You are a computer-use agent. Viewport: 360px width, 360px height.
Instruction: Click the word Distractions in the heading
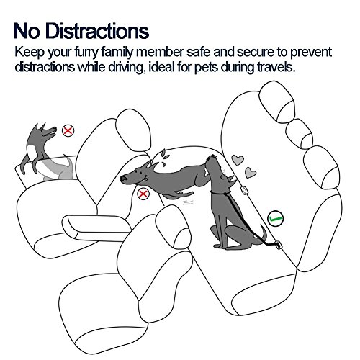97,31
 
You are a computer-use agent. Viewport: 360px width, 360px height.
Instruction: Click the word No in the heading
27,31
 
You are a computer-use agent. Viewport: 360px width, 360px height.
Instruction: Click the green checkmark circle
275,218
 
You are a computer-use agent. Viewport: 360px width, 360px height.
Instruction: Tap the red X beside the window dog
68,131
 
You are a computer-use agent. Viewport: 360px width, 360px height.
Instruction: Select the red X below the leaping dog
143,194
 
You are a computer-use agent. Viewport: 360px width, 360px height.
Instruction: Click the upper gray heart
238,160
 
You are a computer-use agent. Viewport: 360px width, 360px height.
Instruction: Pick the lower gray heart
251,172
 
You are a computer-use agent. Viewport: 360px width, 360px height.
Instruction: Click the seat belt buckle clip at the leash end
279,245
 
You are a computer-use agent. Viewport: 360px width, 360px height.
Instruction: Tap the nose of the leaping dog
123,179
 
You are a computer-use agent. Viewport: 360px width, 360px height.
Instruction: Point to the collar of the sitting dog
220,192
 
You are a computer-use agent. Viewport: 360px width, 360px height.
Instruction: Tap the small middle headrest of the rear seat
299,134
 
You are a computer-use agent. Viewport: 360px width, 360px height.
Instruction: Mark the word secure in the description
256,53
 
